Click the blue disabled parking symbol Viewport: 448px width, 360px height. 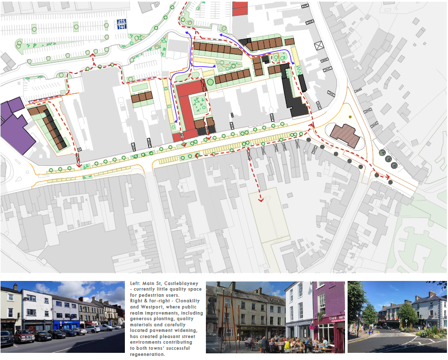tap(121, 23)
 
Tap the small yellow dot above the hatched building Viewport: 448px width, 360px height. tap(351, 117)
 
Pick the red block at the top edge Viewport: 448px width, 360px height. tap(240, 8)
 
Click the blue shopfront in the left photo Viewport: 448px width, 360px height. tap(66, 324)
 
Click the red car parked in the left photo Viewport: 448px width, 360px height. tap(23, 336)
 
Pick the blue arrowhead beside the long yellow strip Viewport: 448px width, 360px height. tap(176, 121)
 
